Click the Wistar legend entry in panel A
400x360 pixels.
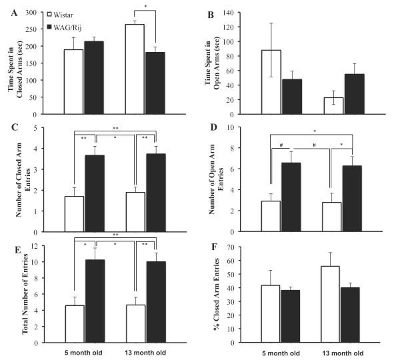[67, 13]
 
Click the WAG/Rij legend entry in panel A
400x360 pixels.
[71, 25]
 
